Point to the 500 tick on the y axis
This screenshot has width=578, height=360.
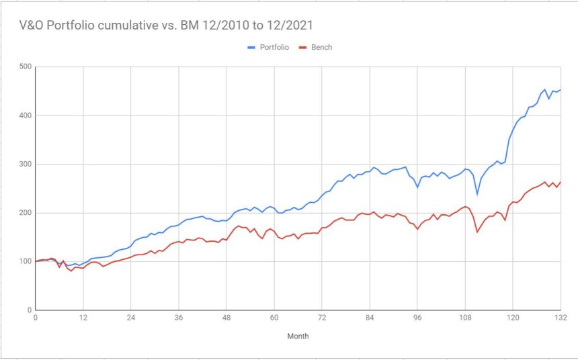pos(25,66)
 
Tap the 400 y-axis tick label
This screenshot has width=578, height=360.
pos(25,116)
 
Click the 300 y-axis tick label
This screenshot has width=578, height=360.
pos(25,164)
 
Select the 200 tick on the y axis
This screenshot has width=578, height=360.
pos(25,213)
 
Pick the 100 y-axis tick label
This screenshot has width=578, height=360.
pos(25,261)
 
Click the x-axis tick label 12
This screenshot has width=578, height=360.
pos(83,319)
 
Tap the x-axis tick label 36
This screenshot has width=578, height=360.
pos(179,319)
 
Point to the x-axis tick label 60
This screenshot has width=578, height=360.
pos(274,319)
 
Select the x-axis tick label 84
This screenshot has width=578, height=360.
pos(370,319)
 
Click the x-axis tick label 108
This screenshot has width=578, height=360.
pos(465,319)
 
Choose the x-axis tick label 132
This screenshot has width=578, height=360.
pos(559,319)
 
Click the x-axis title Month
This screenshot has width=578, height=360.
pos(298,336)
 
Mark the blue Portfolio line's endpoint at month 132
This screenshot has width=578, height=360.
pos(561,90)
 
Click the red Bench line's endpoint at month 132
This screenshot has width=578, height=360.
pos(561,182)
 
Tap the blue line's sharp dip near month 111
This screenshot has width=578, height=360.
pos(477,194)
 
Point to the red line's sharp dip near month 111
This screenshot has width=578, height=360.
pos(477,232)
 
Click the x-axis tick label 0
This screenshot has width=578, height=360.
pos(35,319)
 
